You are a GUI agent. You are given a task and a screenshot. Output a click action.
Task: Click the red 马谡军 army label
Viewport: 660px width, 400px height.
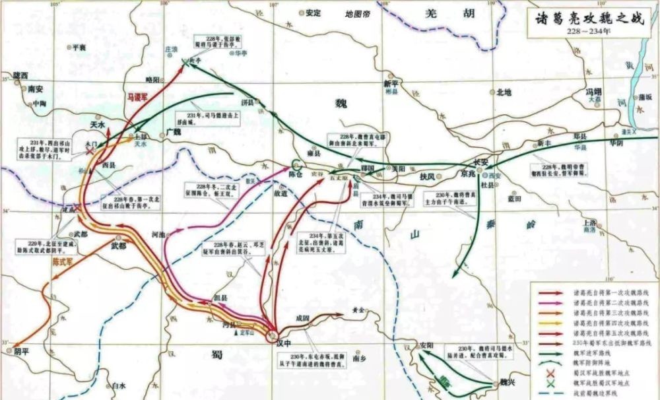[137, 96]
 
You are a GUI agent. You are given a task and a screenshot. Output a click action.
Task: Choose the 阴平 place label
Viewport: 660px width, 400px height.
[22, 352]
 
